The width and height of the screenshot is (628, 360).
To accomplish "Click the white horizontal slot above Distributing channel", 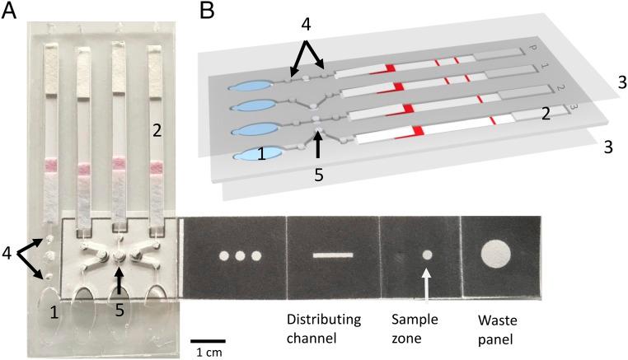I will (333, 255).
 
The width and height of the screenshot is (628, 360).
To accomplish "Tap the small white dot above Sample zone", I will (426, 255).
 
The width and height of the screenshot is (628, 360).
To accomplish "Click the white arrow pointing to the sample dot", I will (426, 284).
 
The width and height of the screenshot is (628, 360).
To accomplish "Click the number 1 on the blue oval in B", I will (262, 153).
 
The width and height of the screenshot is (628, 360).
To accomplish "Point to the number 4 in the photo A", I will (10, 252).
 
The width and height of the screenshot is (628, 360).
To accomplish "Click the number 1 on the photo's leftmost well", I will (33, 312).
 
